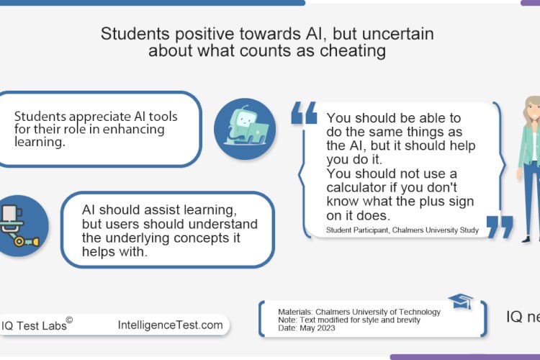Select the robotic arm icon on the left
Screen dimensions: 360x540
coord(20,225)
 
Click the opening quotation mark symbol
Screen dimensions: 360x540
coord(304,114)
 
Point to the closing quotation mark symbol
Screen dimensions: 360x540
coord(500,226)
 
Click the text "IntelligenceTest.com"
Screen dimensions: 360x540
coord(170,325)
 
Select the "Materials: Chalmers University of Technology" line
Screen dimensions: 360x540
coord(359,312)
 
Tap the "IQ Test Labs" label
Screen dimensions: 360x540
coord(33,325)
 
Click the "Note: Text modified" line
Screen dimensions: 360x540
coord(350,320)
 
